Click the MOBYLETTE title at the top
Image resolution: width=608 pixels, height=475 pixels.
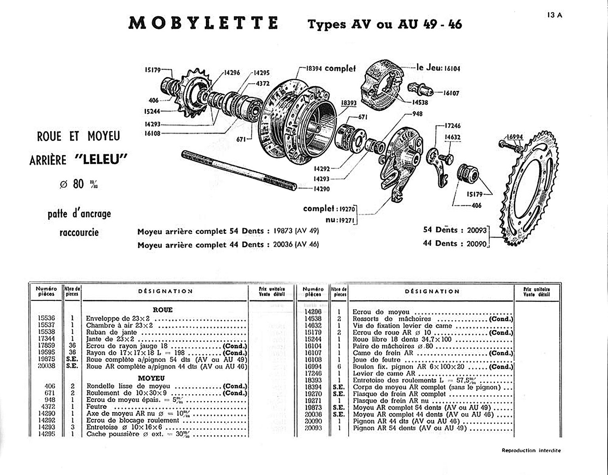(x=204, y=23)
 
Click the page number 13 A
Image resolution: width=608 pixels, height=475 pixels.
(x=555, y=15)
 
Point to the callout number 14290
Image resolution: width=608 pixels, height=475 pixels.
(x=321, y=189)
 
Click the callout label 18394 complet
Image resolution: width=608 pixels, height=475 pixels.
(x=331, y=68)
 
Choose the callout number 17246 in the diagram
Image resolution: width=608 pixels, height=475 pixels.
(x=453, y=126)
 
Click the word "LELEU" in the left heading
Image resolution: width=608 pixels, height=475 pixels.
(x=101, y=160)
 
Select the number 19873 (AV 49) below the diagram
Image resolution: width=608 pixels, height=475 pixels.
(x=296, y=231)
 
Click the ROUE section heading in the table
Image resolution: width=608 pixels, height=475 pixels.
(x=162, y=310)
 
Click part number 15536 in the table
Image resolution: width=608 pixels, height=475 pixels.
(x=46, y=318)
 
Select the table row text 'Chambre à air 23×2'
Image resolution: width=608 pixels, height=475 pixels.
(x=119, y=325)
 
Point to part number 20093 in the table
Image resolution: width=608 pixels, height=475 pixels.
(x=313, y=428)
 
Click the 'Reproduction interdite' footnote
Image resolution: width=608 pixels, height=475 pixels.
(x=531, y=450)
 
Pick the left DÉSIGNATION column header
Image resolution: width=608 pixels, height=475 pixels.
(x=165, y=291)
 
